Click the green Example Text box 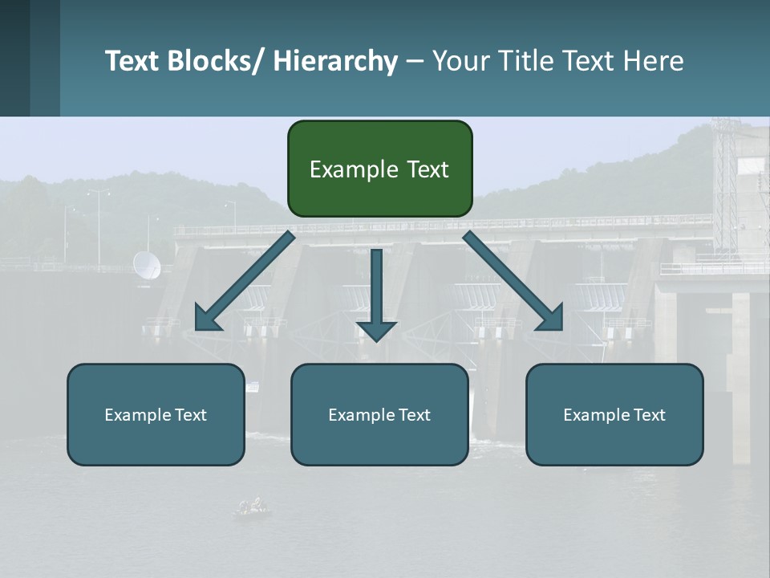[379, 169]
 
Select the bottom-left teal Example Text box [156, 414]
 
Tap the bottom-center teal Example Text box [379, 414]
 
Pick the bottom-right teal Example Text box [614, 414]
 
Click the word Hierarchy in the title [335, 61]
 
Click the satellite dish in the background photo [146, 266]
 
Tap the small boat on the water [252, 507]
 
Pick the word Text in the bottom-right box [648, 414]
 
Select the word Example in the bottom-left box [138, 415]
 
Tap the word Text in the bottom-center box [413, 414]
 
